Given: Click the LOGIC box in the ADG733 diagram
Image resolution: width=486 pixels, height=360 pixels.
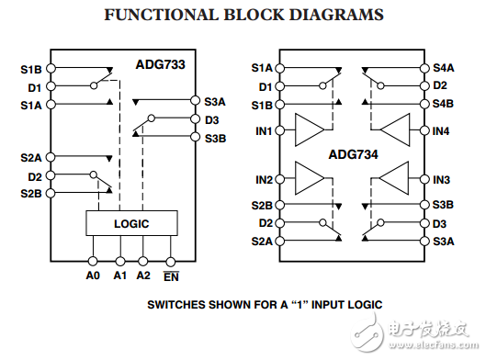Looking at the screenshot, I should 131,223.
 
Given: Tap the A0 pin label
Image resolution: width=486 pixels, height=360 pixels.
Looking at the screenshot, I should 92,274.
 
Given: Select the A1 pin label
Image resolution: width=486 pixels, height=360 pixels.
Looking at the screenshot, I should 119,274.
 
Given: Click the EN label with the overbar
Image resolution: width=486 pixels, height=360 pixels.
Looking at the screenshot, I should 172,274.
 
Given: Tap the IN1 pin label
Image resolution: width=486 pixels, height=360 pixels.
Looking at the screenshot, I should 264,131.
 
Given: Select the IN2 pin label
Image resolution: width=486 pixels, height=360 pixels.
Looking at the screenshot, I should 264,179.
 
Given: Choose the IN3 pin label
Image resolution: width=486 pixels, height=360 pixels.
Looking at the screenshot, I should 441,179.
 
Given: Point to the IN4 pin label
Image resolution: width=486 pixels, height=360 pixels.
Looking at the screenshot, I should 441,131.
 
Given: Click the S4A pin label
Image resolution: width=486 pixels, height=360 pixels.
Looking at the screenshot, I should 444,67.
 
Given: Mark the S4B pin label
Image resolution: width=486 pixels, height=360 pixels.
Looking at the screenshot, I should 444,104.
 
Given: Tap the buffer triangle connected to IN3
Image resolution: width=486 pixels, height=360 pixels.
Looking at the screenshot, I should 394,178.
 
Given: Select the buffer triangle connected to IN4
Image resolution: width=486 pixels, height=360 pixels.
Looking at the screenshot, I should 394,130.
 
